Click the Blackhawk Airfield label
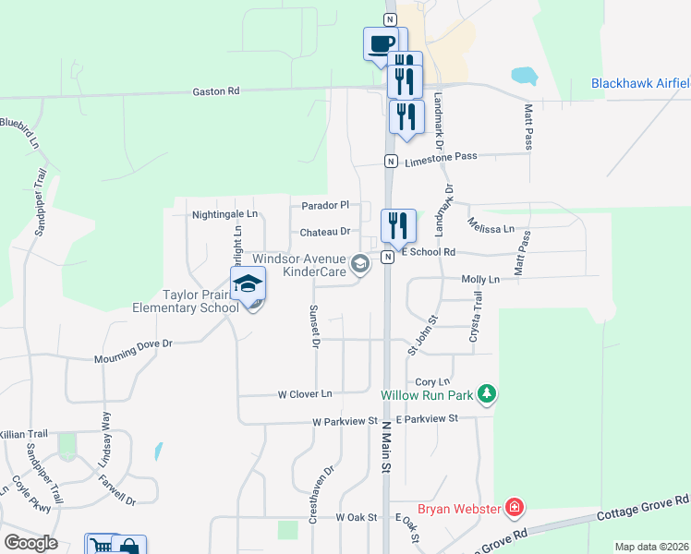(640, 84)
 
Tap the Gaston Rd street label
(215, 91)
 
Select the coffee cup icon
(381, 43)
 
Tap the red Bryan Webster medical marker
(515, 508)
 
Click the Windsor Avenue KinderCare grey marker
(360, 266)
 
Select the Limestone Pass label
(441, 157)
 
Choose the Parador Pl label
(325, 205)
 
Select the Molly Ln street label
(480, 279)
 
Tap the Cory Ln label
(432, 381)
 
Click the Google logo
(30, 543)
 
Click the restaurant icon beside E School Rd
(399, 225)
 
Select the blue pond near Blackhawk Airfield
(523, 75)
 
